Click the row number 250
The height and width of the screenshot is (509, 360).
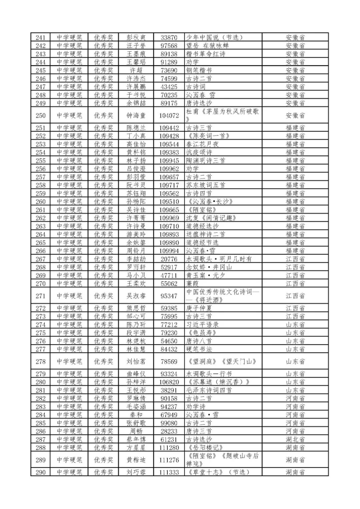40,115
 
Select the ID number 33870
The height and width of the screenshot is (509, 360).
169,37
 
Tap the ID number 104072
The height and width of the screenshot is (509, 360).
169,115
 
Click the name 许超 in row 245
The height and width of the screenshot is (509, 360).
136,70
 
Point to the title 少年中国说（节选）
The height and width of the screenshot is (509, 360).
214,37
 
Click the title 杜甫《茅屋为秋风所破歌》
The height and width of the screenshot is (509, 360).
222,115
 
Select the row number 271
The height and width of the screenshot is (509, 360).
40,296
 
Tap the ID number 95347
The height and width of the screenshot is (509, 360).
169,296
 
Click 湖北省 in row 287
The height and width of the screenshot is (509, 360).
295,439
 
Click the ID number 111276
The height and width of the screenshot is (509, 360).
169,460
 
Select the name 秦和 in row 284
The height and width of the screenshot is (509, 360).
136,415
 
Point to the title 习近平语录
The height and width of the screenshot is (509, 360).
202,325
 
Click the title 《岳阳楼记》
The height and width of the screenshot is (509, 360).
205,448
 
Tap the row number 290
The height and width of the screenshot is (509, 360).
40,472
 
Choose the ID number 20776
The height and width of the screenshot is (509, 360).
169,259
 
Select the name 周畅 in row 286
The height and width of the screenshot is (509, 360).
136,431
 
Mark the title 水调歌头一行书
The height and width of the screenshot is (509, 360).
209,374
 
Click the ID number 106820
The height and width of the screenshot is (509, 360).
169,382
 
